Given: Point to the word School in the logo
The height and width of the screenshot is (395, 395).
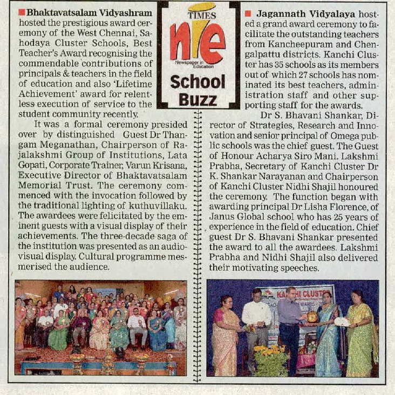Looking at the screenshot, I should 197,82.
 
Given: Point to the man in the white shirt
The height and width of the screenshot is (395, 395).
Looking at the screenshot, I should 256,324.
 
